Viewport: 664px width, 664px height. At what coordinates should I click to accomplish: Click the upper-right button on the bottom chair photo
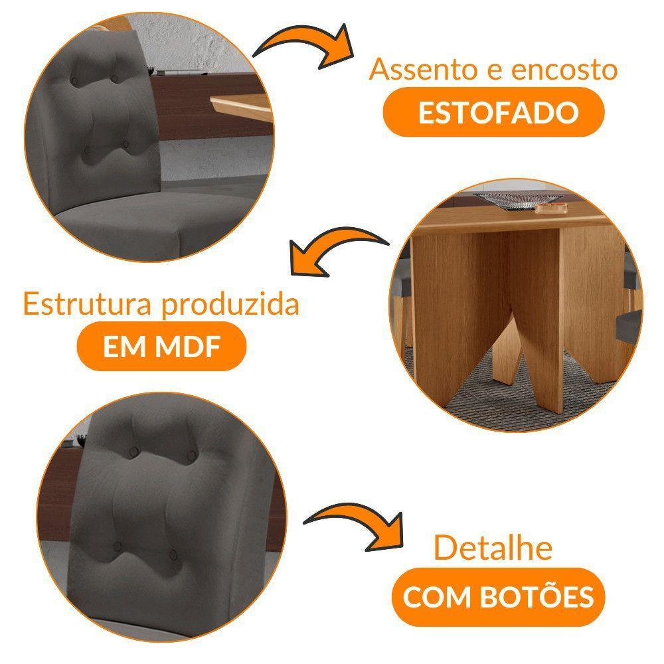pos(192,456)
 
